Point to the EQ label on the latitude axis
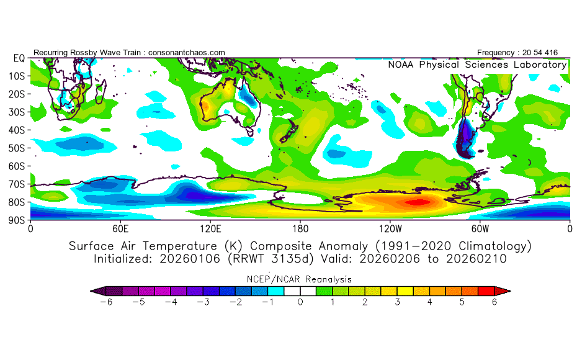coord(18,58)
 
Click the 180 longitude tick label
coord(300,228)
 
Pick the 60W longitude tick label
coord(480,228)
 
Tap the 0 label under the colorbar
coord(300,302)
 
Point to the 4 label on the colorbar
coord(429,302)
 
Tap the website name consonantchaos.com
coord(187,52)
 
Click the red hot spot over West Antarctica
coord(416,201)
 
